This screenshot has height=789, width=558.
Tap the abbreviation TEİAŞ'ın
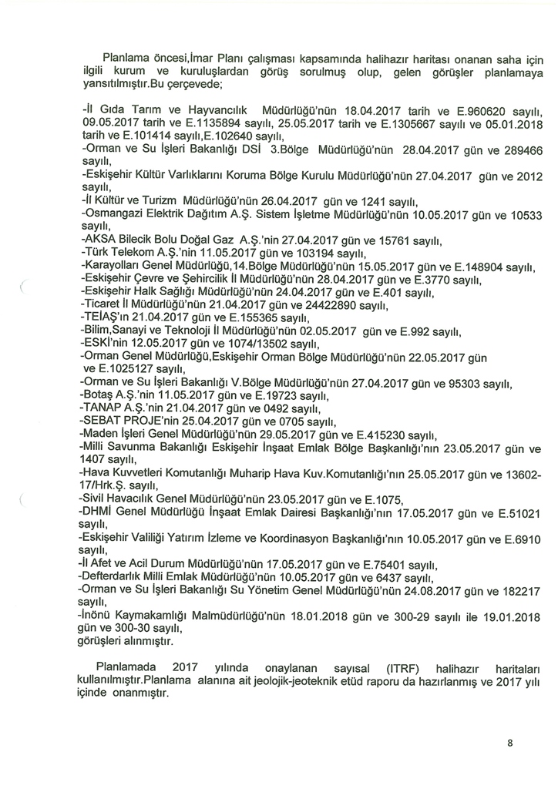(x=106, y=318)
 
